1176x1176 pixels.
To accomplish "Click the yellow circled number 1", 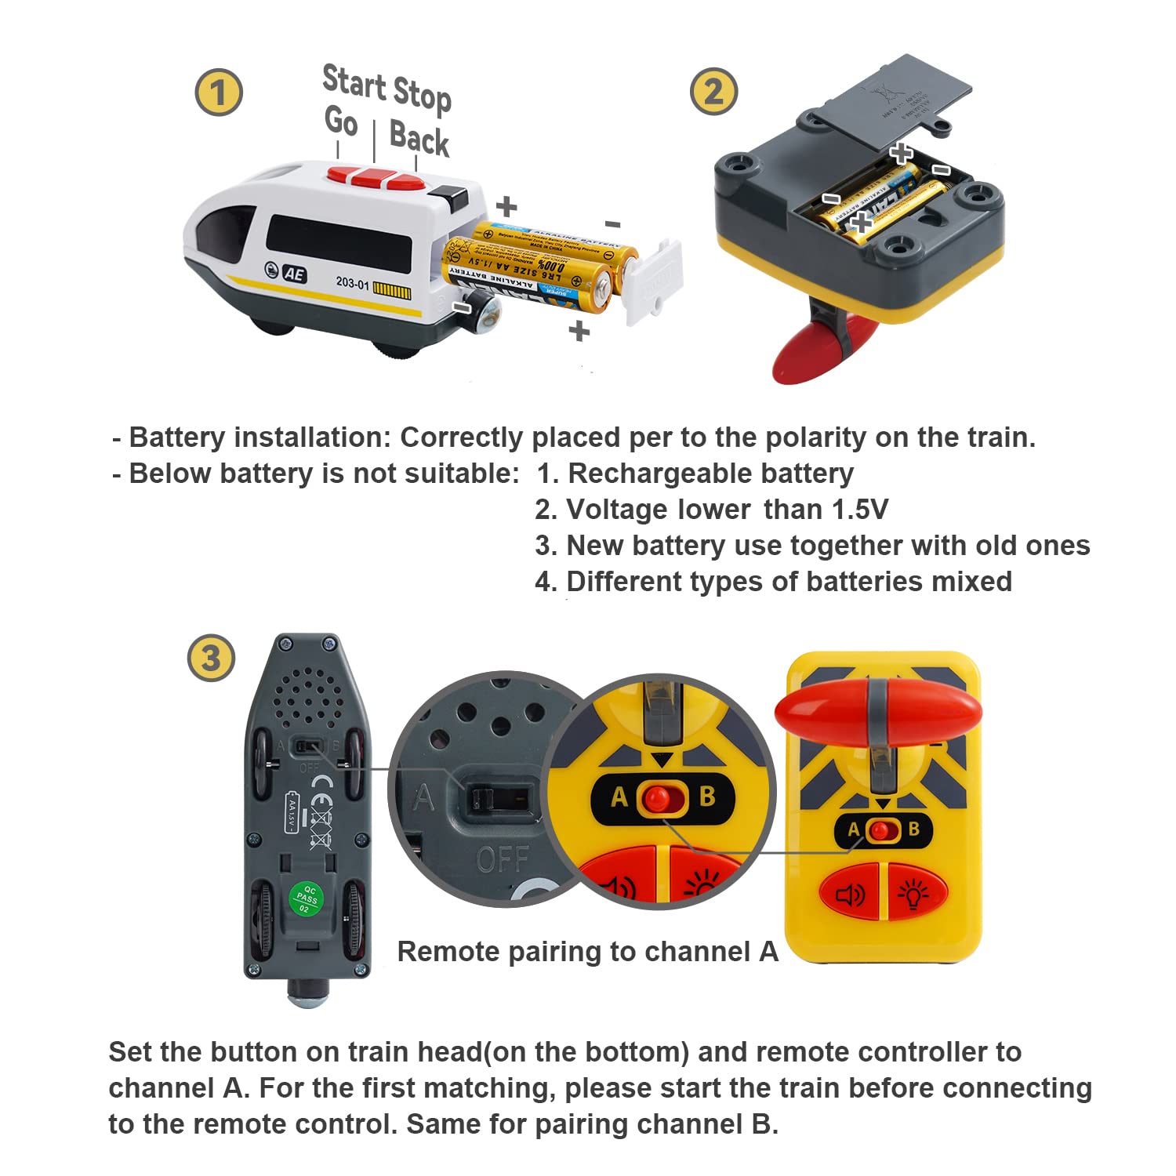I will (x=219, y=93).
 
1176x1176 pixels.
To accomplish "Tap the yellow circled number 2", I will (x=713, y=91).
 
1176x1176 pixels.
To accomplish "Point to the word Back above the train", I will (x=419, y=139).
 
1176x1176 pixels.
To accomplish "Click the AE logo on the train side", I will (x=294, y=274).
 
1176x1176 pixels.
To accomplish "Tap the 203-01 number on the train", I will (x=352, y=283).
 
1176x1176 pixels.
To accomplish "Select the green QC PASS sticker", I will (x=306, y=898).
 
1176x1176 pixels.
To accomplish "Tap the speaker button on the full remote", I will (x=851, y=894).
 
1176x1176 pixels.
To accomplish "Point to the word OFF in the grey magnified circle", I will (x=503, y=860).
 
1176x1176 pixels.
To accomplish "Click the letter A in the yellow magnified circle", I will (x=619, y=797).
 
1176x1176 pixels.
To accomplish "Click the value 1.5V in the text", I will (x=859, y=510).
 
